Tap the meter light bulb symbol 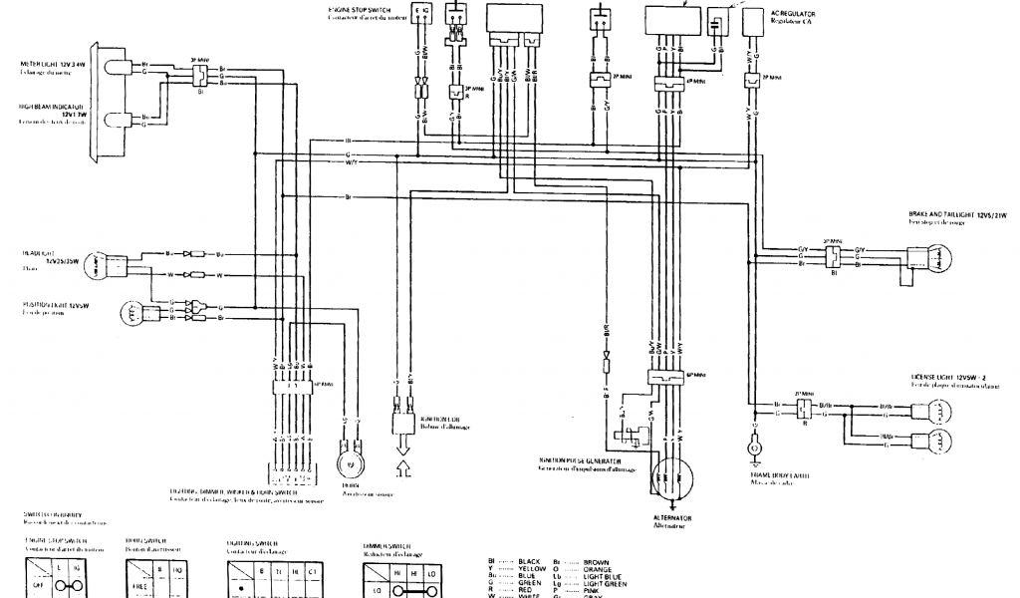[x=119, y=68]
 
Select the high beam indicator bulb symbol [x=119, y=121]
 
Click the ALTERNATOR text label [x=672, y=518]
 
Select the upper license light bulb [x=937, y=407]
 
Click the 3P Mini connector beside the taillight [x=830, y=253]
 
